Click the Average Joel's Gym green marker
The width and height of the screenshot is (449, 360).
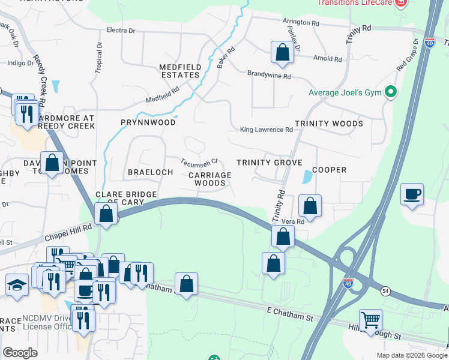click(391, 92)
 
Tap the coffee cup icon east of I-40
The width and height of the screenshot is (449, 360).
click(412, 195)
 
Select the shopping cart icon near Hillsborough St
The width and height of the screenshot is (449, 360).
click(370, 320)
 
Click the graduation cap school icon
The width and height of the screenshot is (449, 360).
click(17, 285)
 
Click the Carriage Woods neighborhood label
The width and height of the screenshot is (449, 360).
click(210, 179)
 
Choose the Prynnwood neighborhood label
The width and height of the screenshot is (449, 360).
click(148, 122)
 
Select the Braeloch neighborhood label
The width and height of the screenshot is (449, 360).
click(150, 172)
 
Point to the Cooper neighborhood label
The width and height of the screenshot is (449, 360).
click(329, 170)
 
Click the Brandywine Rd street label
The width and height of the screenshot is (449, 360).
click(269, 77)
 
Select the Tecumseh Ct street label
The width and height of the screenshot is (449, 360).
click(199, 163)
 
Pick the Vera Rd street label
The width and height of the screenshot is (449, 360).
click(294, 221)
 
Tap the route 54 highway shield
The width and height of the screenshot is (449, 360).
click(384, 290)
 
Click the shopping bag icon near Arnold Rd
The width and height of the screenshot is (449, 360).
click(282, 52)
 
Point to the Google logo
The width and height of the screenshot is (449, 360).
click(20, 353)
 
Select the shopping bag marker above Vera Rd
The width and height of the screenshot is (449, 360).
click(310, 206)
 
